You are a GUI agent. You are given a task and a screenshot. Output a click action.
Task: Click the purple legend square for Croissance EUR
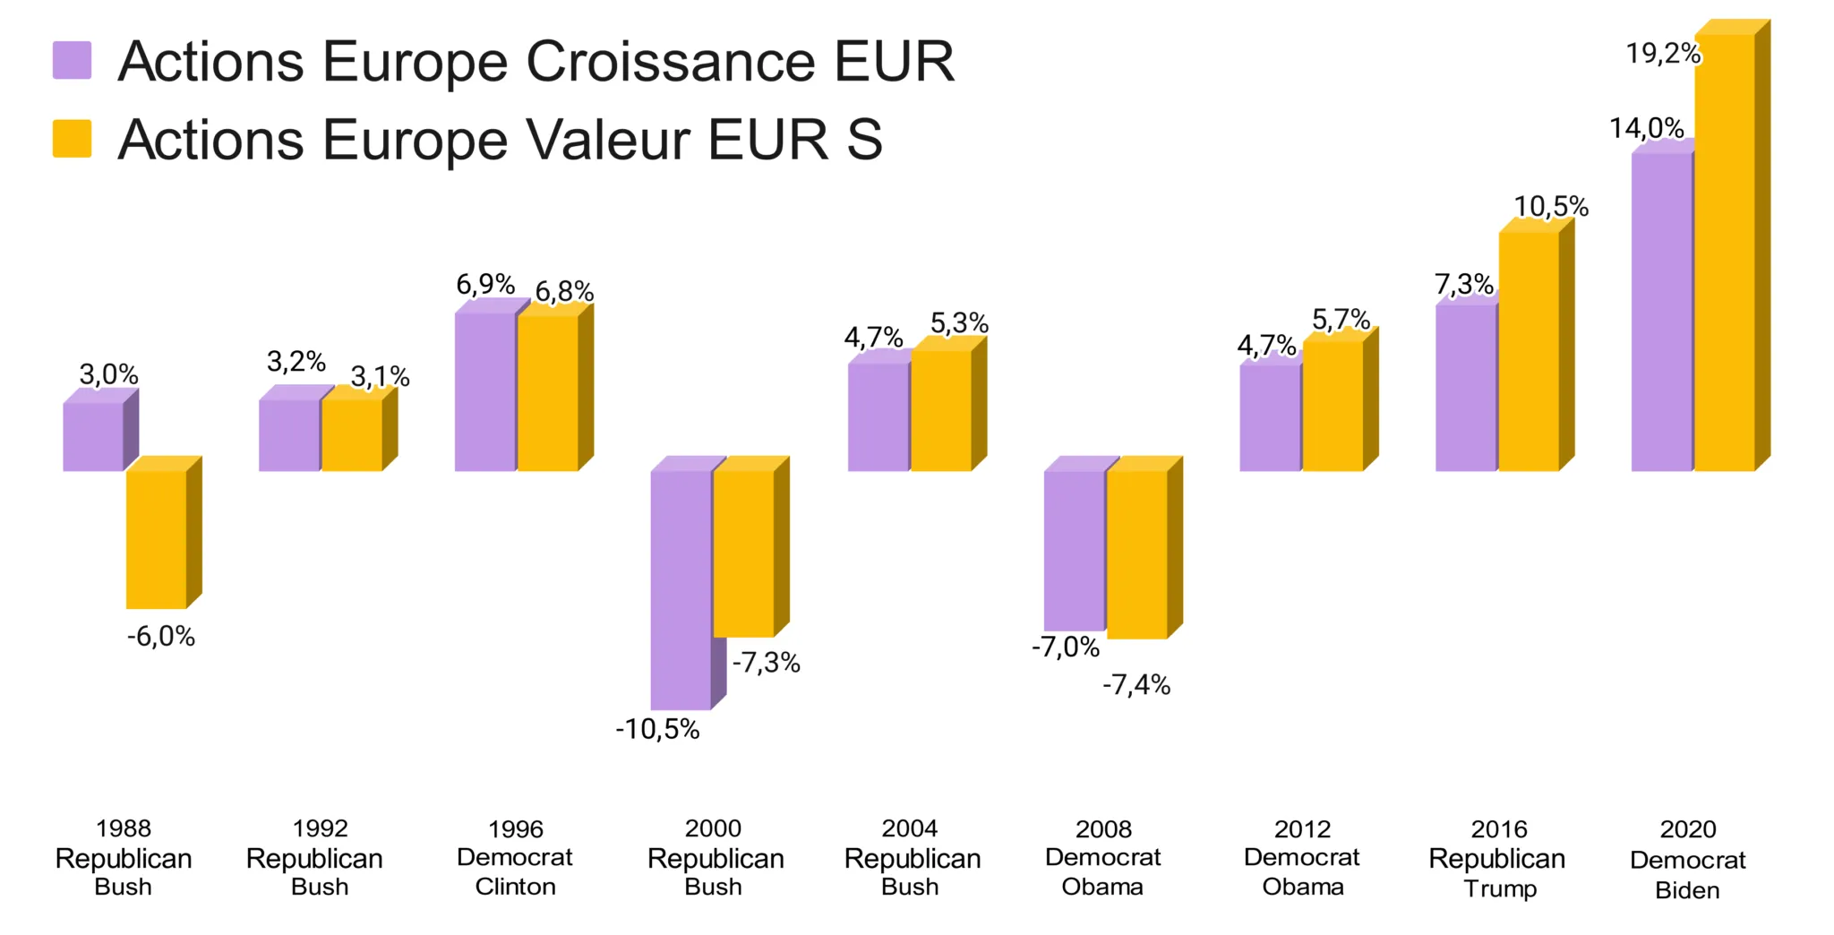(x=72, y=60)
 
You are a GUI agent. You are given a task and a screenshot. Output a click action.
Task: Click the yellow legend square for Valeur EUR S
(x=72, y=139)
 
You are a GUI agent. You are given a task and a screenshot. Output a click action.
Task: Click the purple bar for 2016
(x=1466, y=387)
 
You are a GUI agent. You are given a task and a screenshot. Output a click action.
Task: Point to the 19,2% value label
(x=1663, y=54)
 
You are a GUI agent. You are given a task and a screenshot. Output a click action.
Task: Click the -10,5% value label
(x=657, y=729)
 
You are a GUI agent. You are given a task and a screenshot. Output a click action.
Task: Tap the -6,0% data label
(x=161, y=637)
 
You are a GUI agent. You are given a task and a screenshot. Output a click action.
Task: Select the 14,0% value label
(x=1646, y=128)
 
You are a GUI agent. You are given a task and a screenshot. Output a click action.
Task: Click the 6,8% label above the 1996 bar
(x=564, y=291)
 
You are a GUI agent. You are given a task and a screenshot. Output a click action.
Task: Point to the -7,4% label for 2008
(x=1136, y=685)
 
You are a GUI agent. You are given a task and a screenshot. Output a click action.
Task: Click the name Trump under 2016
(x=1500, y=888)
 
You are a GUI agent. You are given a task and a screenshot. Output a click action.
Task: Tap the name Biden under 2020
(x=1687, y=890)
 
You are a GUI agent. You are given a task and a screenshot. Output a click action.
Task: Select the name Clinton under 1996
(x=515, y=887)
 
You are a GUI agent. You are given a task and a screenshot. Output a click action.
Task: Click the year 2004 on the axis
(x=910, y=828)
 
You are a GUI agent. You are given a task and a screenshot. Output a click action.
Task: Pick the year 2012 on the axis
(x=1302, y=828)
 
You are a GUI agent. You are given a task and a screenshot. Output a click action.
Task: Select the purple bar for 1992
(x=289, y=434)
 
